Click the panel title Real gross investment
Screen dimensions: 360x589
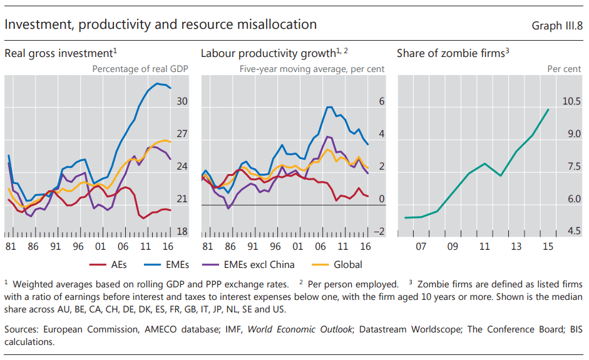point(61,53)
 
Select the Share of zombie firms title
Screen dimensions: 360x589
point(453,53)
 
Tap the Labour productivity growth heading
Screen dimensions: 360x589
point(274,53)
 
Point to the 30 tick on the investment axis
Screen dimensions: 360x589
point(182,101)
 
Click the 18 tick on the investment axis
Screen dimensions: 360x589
point(182,232)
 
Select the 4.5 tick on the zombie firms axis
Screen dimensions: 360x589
point(573,232)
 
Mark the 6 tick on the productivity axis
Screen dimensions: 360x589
point(382,101)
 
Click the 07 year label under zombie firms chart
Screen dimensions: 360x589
point(421,247)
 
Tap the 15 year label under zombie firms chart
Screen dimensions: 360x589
point(548,247)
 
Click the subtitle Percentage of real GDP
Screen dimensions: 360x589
point(140,69)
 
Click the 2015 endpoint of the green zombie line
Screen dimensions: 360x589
point(549,110)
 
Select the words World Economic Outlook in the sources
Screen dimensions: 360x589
point(300,329)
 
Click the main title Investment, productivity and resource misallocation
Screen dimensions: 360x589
point(160,24)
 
